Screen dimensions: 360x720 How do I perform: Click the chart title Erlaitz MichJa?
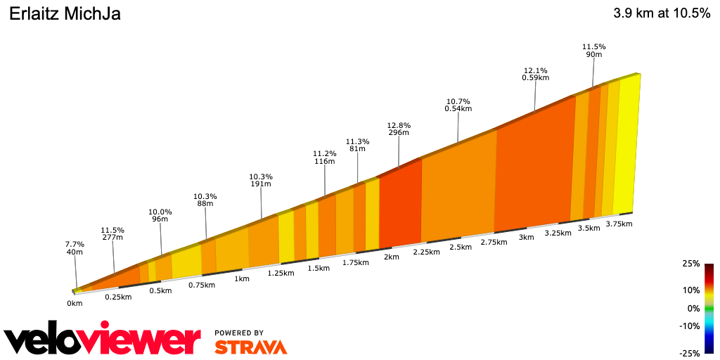coord(64,13)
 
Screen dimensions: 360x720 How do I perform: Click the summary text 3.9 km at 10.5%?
coord(662,13)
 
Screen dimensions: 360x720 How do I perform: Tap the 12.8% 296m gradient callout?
coord(398,128)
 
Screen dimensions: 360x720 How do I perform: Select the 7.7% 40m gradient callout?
coord(75,247)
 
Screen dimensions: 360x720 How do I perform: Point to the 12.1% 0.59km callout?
coord(535,74)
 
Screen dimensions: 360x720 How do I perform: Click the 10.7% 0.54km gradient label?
coord(458,105)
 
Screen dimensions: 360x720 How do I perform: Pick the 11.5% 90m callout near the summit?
coord(593,50)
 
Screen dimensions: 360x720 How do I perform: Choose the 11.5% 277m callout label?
coord(112,234)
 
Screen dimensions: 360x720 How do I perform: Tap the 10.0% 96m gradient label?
coord(160,215)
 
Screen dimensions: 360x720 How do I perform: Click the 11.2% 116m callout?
coord(324,157)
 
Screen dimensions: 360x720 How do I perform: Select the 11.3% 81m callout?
coord(357,145)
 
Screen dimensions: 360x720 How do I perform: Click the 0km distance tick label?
coord(75,303)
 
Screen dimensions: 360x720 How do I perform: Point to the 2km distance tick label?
coord(391,257)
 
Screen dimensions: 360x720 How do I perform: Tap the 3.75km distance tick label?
coord(619,224)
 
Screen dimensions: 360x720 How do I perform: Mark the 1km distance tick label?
coord(241,278)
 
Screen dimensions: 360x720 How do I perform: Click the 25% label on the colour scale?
coord(690,264)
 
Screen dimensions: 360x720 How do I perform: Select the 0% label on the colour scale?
coord(693,308)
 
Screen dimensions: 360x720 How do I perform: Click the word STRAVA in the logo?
coord(250,347)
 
